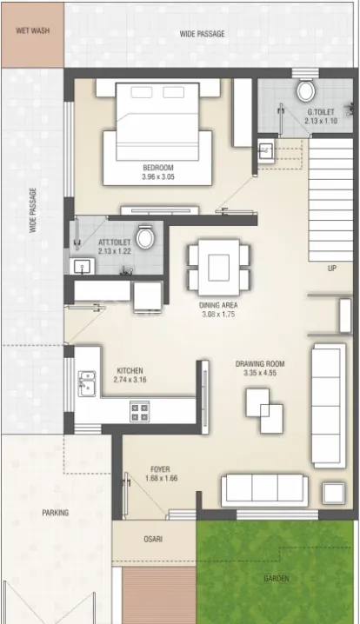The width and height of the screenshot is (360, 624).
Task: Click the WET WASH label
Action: pos(33,30)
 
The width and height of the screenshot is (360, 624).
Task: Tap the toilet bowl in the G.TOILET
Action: pos(305,90)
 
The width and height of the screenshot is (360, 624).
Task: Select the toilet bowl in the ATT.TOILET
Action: pos(145,237)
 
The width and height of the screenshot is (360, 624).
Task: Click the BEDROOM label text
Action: pos(158,168)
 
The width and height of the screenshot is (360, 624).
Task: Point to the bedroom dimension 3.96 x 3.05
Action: pos(158,177)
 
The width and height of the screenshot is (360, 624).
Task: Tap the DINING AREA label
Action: pos(218,305)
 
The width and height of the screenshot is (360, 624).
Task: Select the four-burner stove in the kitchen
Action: pos(139,411)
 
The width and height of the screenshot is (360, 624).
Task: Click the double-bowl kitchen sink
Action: pos(87,383)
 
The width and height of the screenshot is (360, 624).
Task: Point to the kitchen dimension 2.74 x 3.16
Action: pos(130,380)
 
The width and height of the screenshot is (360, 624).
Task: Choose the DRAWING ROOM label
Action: pos(260,364)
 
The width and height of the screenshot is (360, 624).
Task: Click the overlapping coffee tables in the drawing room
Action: pos(264,411)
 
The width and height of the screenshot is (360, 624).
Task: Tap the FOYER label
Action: pos(160,469)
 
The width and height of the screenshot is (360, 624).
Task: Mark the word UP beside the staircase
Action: pos(331,269)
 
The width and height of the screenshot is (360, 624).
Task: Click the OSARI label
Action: pos(153,540)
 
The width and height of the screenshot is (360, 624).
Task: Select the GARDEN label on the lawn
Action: pos(277,579)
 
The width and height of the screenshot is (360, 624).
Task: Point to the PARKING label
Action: pos(56,513)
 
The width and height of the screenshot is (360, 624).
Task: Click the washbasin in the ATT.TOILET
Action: pos(83,266)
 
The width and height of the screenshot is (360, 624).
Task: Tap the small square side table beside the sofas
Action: pos(334,494)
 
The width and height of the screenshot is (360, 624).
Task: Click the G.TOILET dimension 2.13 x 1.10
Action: pos(321,121)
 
